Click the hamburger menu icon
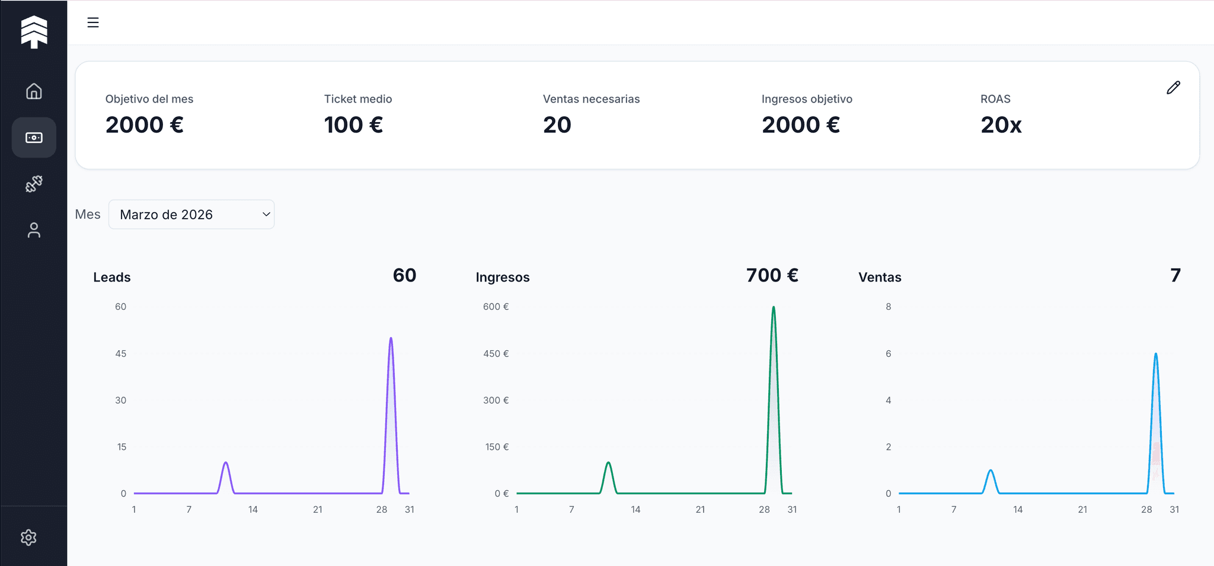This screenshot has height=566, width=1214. tap(93, 23)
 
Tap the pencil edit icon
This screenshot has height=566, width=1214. tap(1173, 88)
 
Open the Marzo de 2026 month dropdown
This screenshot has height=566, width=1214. tap(191, 215)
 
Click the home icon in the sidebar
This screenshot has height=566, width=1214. tap(34, 91)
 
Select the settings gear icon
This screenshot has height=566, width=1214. tap(28, 538)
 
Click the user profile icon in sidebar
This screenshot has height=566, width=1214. tap(34, 230)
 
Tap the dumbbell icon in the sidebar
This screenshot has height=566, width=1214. tap(34, 184)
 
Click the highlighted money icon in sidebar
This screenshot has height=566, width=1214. tap(34, 137)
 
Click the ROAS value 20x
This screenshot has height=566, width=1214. tap(1001, 125)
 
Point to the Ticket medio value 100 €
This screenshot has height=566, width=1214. tap(353, 125)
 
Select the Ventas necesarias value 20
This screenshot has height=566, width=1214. tap(557, 125)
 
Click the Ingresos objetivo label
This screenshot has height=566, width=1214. tap(806, 99)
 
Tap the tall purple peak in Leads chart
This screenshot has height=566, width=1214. tap(391, 340)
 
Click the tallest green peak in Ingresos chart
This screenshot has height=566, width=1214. tap(774, 309)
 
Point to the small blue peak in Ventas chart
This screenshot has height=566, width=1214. tap(991, 472)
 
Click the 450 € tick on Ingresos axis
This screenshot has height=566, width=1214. tap(496, 354)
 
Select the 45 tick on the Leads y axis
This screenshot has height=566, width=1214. tap(120, 354)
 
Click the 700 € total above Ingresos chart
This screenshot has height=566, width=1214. tap(772, 276)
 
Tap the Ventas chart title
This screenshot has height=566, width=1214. tap(880, 277)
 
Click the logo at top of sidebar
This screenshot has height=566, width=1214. tap(34, 31)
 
